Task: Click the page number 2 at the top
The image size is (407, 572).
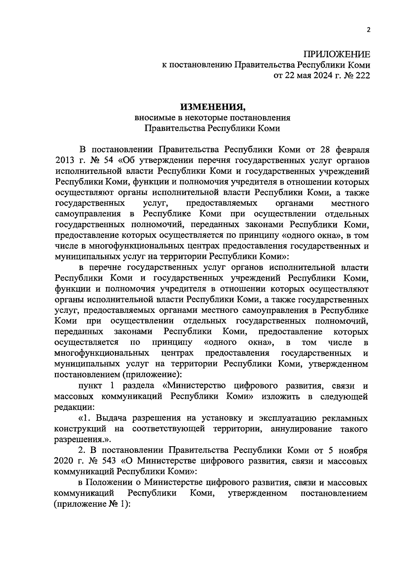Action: coord(368,30)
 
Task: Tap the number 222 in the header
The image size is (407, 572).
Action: coord(361,76)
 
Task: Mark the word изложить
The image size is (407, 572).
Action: coord(280,397)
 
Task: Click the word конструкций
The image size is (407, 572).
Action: coord(80,429)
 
